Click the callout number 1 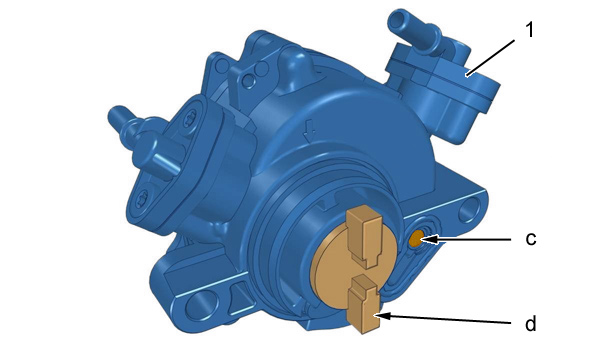pyautogui.click(x=529, y=30)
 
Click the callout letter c pyautogui.click(x=531, y=238)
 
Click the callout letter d pyautogui.click(x=531, y=324)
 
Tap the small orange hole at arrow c pyautogui.click(x=416, y=238)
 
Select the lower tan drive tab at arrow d pyautogui.click(x=364, y=304)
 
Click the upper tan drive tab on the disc pyautogui.click(x=364, y=236)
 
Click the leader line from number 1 pyautogui.click(x=490, y=57)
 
